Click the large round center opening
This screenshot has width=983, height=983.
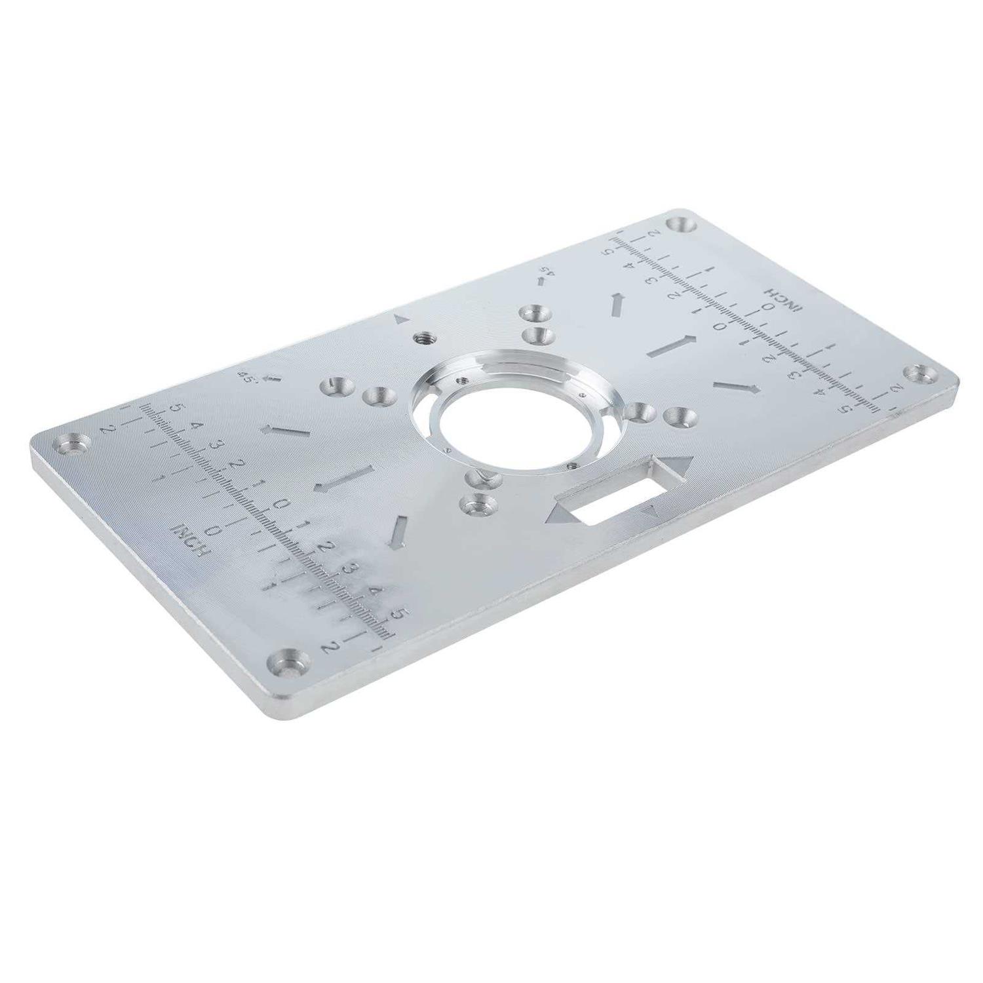pyautogui.click(x=496, y=419)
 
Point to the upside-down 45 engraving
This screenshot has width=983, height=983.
pyautogui.click(x=545, y=270)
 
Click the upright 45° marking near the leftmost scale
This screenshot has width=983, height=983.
pyautogui.click(x=249, y=377)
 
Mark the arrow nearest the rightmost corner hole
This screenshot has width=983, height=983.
pyautogui.click(x=737, y=387)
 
